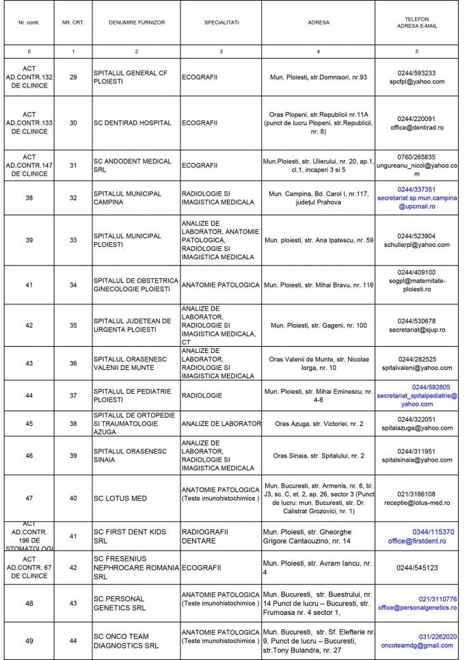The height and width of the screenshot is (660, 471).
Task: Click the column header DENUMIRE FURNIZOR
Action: coord(137,23)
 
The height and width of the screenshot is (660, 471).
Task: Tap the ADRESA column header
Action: coord(319,23)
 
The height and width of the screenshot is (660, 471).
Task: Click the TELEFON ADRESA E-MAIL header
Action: coord(417,23)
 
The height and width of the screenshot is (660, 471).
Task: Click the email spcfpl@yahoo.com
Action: coord(417,81)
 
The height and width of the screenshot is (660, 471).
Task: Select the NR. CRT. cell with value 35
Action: coord(73,326)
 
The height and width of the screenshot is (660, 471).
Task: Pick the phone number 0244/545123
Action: coord(417,568)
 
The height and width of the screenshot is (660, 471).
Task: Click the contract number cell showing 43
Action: coord(29,362)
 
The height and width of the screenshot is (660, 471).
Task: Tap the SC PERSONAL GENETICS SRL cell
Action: coord(120,603)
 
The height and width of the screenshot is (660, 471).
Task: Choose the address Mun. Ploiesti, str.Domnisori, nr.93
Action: coord(319,77)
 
